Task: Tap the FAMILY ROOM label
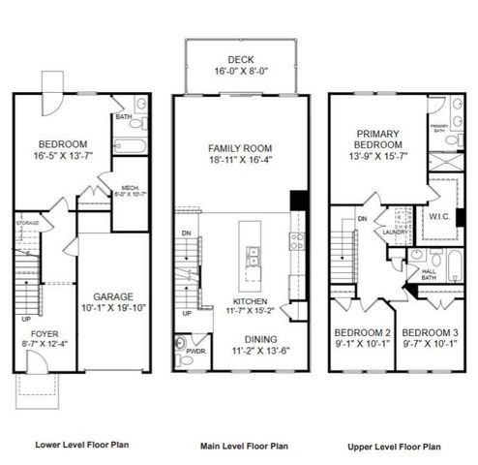click(x=237, y=148)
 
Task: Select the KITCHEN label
click(x=236, y=300)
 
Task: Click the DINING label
click(x=237, y=339)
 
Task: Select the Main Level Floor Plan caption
click(x=244, y=447)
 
